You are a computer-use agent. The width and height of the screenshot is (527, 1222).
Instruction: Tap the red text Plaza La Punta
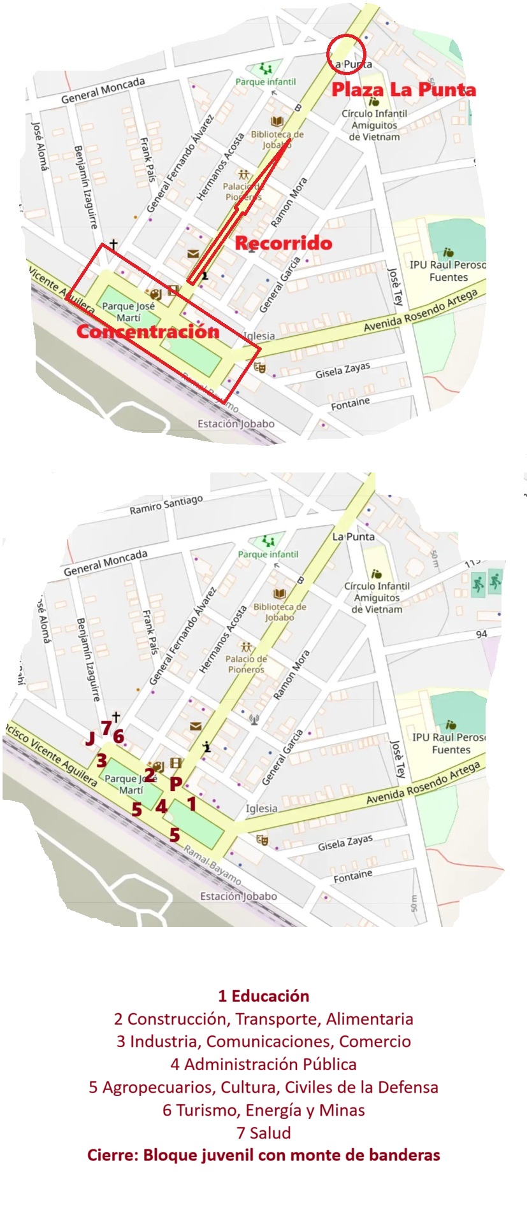pos(403,90)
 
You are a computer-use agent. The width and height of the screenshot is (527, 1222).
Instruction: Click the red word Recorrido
pos(284,243)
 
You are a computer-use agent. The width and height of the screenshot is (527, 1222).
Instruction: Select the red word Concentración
pos(148,331)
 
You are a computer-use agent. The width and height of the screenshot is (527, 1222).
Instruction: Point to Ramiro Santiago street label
pos(166,506)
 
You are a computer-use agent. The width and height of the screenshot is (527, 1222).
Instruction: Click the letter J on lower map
pos(90,739)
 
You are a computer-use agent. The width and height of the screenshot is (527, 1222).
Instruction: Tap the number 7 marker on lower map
pos(106,728)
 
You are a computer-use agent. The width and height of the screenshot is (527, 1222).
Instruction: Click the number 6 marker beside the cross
pos(119,736)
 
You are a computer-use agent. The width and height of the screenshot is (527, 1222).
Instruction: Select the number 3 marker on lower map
pos(101,760)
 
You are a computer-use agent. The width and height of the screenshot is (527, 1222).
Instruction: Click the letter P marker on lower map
pos(176,785)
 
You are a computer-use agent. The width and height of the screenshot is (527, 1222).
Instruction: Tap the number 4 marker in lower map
pos(161,807)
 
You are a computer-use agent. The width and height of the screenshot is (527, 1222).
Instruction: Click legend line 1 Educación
pos(263,996)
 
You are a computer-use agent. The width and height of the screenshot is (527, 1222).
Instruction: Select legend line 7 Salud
pos(263,1133)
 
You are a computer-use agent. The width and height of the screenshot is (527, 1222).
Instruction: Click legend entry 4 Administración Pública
pos(263,1064)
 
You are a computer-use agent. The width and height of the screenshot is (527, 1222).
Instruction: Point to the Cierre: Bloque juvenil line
pos(263,1155)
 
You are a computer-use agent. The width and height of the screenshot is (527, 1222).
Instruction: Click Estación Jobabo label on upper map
pos(236,423)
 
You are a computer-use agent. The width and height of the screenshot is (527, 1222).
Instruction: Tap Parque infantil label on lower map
pos(268,554)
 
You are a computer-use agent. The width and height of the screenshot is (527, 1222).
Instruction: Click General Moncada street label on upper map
pos(103,90)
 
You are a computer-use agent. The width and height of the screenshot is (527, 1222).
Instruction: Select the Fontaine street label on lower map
pos(352,876)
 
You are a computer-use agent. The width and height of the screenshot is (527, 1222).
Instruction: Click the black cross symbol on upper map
pos(113,244)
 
